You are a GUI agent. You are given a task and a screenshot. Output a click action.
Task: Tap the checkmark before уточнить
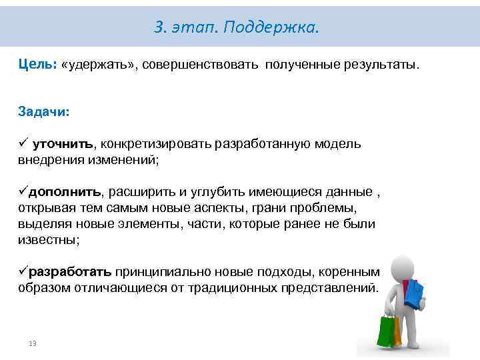coord(23,144)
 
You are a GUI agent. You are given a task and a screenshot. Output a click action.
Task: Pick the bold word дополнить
coord(64,192)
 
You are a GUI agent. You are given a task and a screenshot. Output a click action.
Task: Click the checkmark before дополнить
coord(23,192)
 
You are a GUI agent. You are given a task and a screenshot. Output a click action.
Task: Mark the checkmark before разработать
coord(23,272)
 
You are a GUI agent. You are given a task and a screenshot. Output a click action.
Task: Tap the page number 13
coord(32,343)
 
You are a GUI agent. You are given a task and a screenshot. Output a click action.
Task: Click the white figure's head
coord(399,262)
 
